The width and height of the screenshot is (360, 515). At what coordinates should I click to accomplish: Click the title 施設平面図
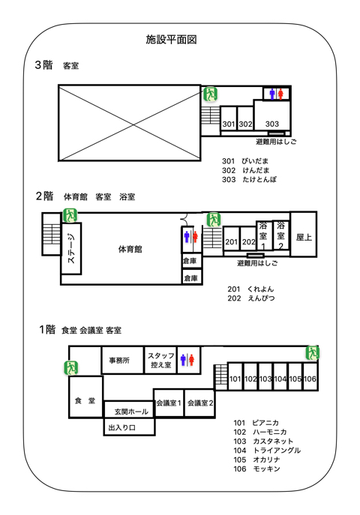click(x=171, y=40)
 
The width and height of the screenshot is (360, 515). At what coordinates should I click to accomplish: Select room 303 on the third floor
click(x=272, y=122)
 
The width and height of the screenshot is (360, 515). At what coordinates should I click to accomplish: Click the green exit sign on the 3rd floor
click(x=211, y=94)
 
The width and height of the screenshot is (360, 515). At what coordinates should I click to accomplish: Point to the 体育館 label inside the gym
click(x=130, y=248)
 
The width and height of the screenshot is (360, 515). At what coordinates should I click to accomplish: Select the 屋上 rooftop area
click(x=304, y=237)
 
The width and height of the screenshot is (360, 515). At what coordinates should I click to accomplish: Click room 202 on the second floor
click(x=248, y=242)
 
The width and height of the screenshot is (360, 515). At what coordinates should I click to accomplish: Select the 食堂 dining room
click(x=85, y=401)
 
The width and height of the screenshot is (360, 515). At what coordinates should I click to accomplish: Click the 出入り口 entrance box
click(x=122, y=427)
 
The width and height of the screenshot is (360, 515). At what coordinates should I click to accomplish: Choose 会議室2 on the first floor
click(x=200, y=403)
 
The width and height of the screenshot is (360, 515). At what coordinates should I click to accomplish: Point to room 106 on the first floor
click(x=310, y=379)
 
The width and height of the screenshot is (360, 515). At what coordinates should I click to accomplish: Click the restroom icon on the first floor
click(x=187, y=360)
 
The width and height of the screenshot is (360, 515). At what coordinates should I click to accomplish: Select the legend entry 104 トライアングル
click(x=267, y=450)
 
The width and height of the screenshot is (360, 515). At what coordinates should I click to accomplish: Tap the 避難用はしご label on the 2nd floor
click(x=256, y=263)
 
